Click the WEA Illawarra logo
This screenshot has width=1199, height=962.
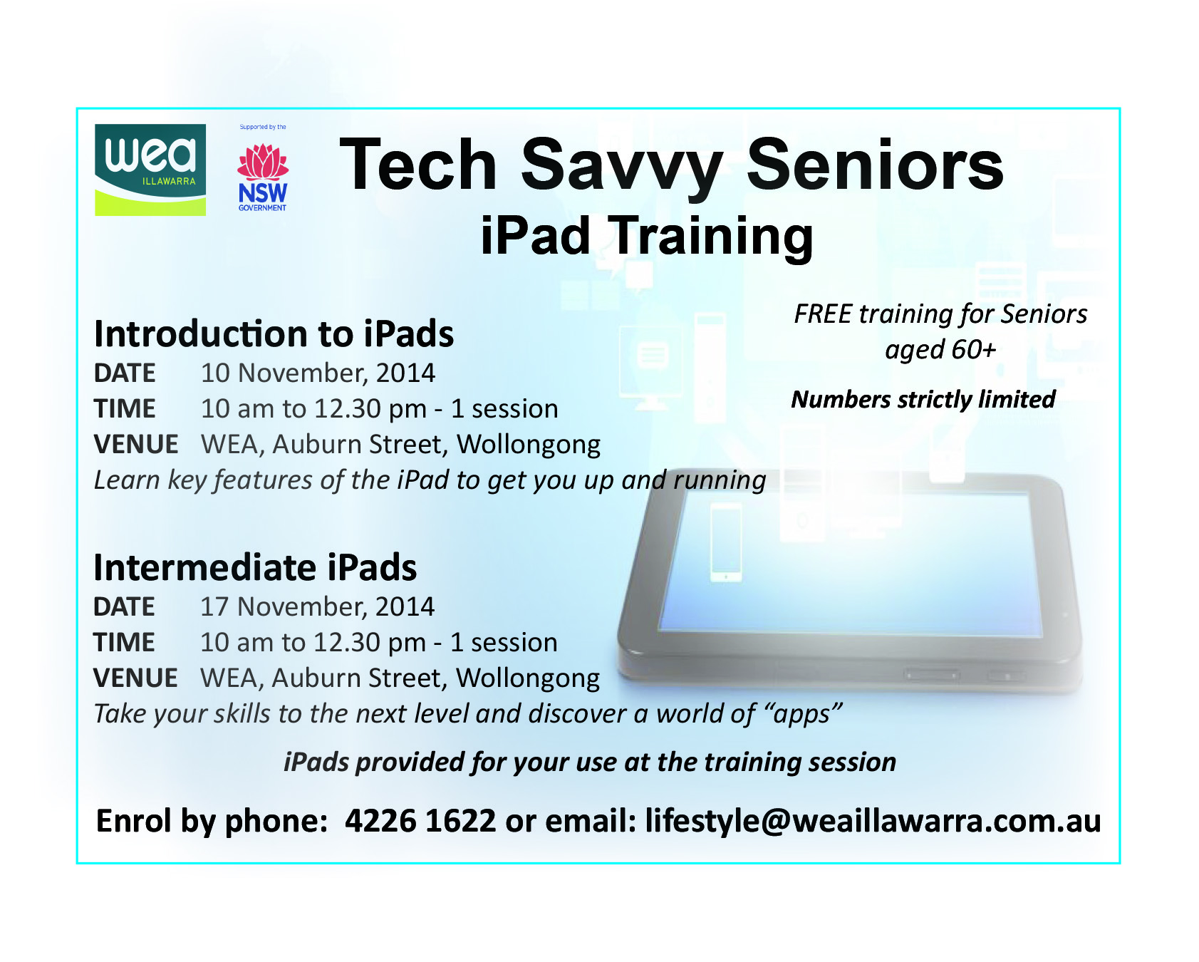150,170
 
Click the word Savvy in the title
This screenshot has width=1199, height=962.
622,166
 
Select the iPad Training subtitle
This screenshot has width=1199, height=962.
647,236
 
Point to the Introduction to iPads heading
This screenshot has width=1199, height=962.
274,333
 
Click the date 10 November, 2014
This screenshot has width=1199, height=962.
318,373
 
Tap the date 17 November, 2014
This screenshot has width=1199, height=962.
317,606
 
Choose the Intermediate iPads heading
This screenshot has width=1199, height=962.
255,567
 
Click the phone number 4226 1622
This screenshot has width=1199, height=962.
420,821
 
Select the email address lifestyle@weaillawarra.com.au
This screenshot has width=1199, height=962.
873,821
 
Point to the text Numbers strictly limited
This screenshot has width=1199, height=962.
923,399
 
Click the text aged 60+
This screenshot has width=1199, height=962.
940,349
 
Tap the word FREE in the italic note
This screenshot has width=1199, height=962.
823,314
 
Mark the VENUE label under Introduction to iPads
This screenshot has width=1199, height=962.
136,444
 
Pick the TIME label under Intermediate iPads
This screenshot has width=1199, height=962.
124,642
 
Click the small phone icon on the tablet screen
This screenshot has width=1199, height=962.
726,542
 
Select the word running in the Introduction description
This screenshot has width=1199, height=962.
720,480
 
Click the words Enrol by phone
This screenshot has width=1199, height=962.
212,821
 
